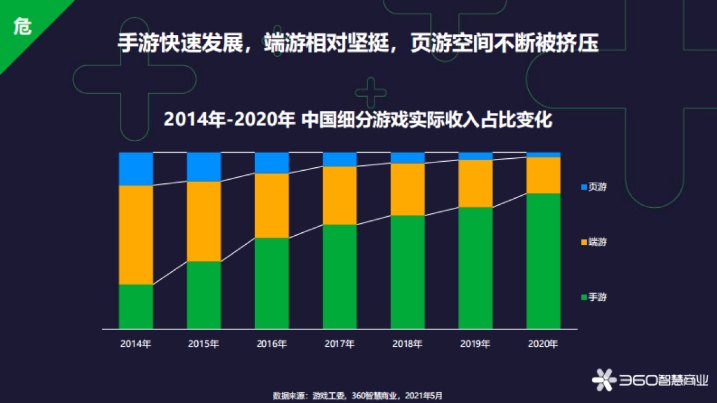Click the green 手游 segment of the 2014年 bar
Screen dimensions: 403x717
[136, 306]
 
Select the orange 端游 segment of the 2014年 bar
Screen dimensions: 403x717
[136, 235]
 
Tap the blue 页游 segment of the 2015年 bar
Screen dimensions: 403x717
[204, 167]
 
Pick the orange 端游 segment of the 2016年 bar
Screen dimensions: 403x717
[272, 205]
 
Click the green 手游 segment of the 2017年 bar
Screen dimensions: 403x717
[339, 276]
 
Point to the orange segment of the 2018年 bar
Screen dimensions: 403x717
[407, 189]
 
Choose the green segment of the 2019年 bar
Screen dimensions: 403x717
[476, 267]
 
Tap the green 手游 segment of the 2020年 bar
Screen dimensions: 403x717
[543, 261]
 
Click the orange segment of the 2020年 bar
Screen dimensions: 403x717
[543, 175]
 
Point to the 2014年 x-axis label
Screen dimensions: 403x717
[136, 344]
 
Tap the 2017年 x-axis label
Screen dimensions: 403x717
[339, 344]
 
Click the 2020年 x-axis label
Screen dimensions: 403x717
[543, 344]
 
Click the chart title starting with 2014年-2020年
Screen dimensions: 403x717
[358, 120]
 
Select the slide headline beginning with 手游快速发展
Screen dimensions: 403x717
[358, 43]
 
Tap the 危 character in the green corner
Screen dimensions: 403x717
[22, 26]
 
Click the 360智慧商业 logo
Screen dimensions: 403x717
[650, 379]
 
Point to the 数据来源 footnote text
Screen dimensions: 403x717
[358, 395]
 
